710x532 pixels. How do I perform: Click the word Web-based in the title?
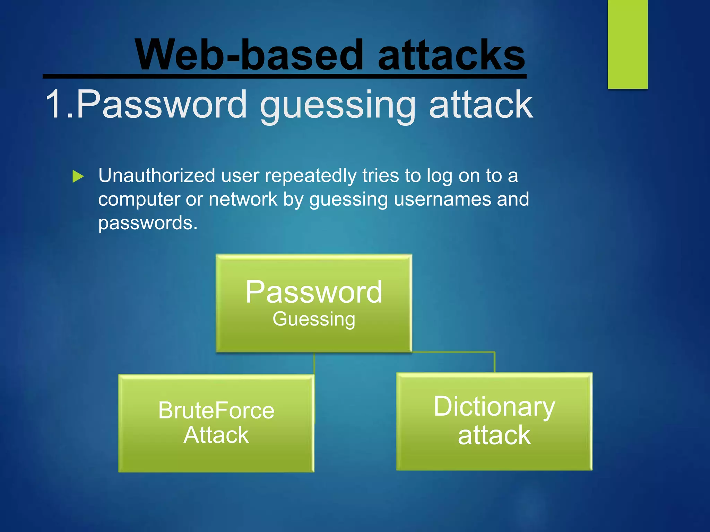(249, 55)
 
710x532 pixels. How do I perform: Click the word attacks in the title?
(451, 55)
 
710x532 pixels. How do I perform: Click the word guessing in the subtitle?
(338, 105)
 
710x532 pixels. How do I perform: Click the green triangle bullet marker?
(78, 176)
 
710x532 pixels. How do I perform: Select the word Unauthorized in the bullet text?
(157, 176)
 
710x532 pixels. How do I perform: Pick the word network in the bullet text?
(243, 199)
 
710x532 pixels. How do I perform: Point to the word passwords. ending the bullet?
(148, 223)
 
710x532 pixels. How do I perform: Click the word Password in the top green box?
(314, 292)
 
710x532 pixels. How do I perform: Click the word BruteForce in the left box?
(216, 411)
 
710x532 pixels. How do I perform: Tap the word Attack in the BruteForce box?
(216, 435)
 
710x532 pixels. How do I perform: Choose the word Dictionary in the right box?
(494, 407)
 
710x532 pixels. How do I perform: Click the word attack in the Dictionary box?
(494, 435)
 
